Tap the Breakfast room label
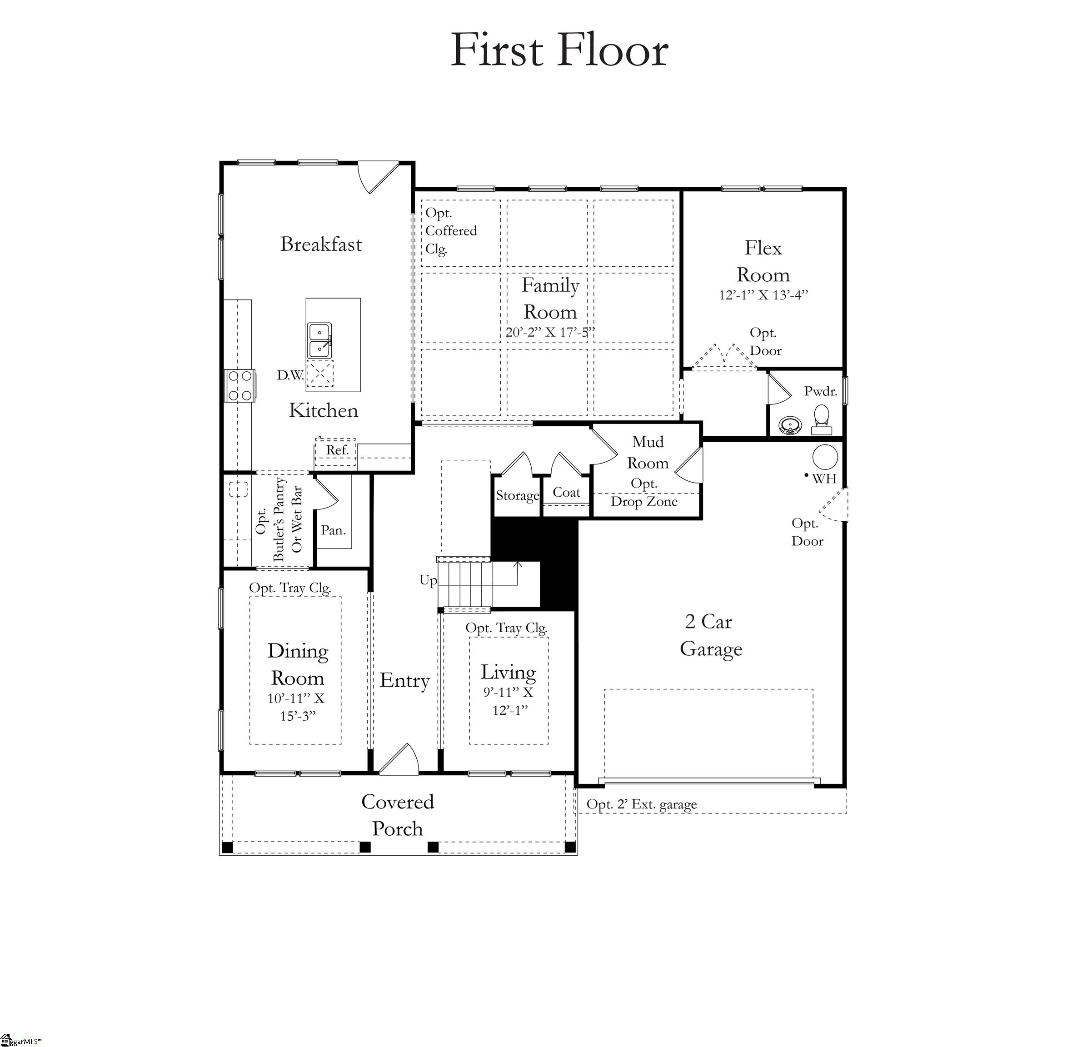point(321,244)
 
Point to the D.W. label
point(290,375)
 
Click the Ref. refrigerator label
point(337,450)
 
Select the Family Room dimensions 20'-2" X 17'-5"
point(550,333)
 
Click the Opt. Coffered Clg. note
point(450,231)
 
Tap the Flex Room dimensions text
point(763,295)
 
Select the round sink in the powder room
point(790,425)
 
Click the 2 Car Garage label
point(710,635)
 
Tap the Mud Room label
point(648,452)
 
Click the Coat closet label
point(566,493)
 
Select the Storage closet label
point(517,495)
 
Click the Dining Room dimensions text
point(296,707)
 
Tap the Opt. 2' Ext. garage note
point(641,804)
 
